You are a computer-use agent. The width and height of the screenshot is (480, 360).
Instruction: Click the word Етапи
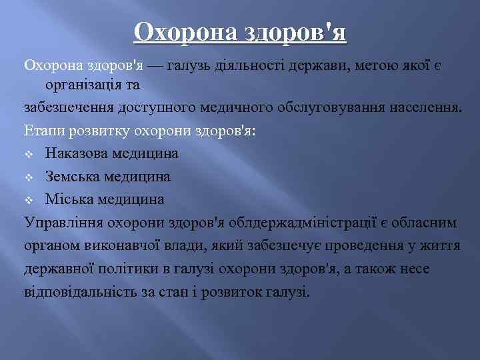41,131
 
